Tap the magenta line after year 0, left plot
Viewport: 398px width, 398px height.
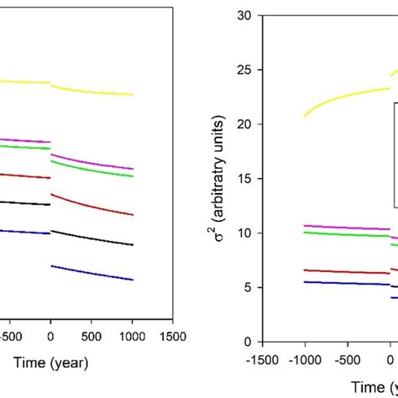tap(92, 163)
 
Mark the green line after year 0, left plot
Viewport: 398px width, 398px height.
tap(92, 170)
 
